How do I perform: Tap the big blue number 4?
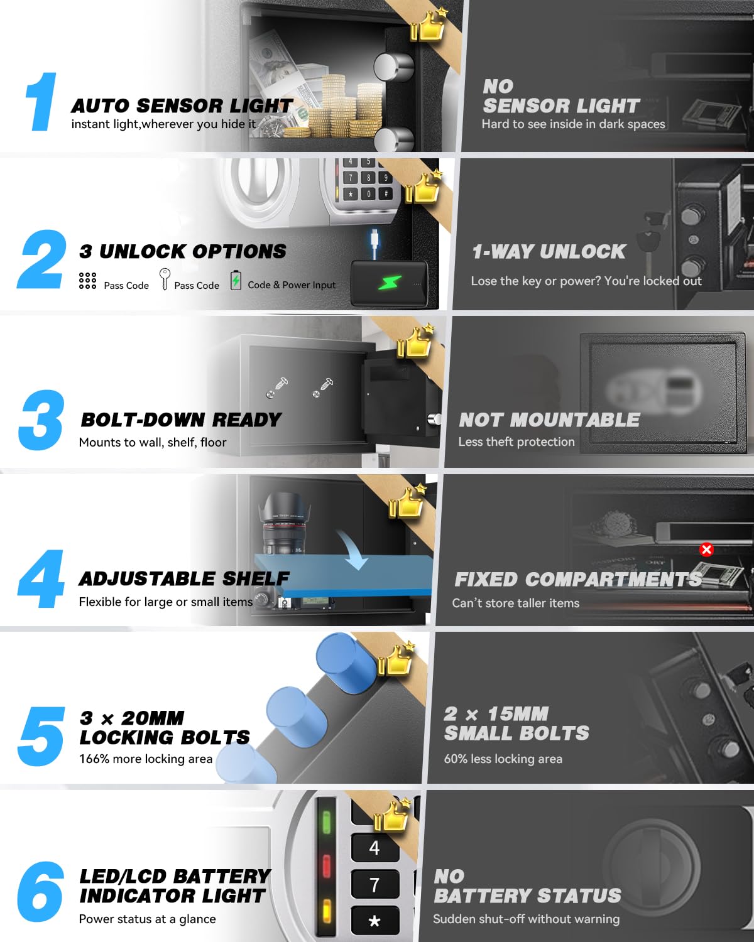pyautogui.click(x=41, y=578)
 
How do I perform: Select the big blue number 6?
pyautogui.click(x=40, y=892)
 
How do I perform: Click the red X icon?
pyautogui.click(x=706, y=549)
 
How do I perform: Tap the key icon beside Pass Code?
pyautogui.click(x=165, y=279)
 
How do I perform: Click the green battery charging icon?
pyautogui.click(x=236, y=280)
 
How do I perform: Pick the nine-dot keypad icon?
pyautogui.click(x=87, y=281)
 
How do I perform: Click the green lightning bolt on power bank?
pyautogui.click(x=390, y=283)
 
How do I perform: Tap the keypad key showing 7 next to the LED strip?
pyautogui.click(x=375, y=885)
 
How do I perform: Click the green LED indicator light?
pyautogui.click(x=326, y=823)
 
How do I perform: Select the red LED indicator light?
pyautogui.click(x=326, y=866)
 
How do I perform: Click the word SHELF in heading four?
pyautogui.click(x=256, y=578)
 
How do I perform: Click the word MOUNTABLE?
pyautogui.click(x=575, y=420)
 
